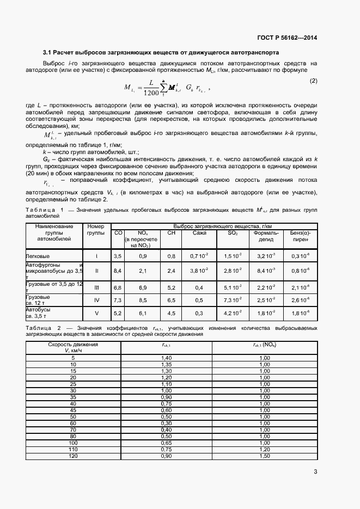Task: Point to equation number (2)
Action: click(x=313, y=81)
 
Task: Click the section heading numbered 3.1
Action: click(x=161, y=53)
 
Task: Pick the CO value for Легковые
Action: click(x=117, y=255)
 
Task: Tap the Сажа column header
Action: click(x=199, y=233)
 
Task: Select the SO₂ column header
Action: click(x=233, y=233)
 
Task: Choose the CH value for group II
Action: click(x=171, y=270)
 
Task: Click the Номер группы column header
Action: click(x=96, y=230)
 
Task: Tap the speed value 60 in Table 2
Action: click(x=73, y=422)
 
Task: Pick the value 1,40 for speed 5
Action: click(x=166, y=357)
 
